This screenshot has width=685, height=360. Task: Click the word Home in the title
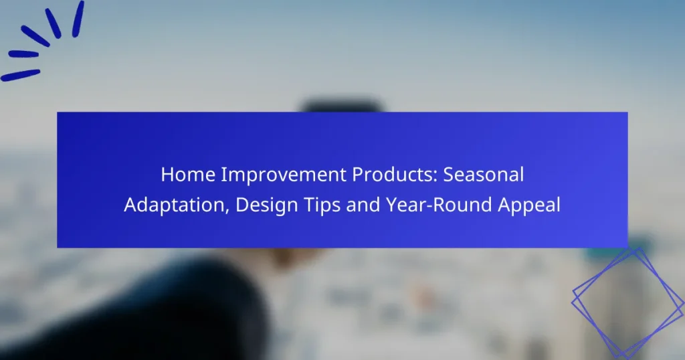coord(188,175)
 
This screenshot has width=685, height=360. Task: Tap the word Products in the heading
coord(395,175)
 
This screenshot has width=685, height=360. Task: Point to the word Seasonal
coord(484,175)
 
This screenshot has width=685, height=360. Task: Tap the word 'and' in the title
coord(363,205)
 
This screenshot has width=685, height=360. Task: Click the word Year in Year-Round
coord(405,205)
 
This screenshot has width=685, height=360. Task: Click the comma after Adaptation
coord(227,211)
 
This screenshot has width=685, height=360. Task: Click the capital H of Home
coord(167,175)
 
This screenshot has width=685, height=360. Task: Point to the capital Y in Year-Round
coord(392,205)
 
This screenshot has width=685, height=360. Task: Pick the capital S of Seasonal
coord(449,175)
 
